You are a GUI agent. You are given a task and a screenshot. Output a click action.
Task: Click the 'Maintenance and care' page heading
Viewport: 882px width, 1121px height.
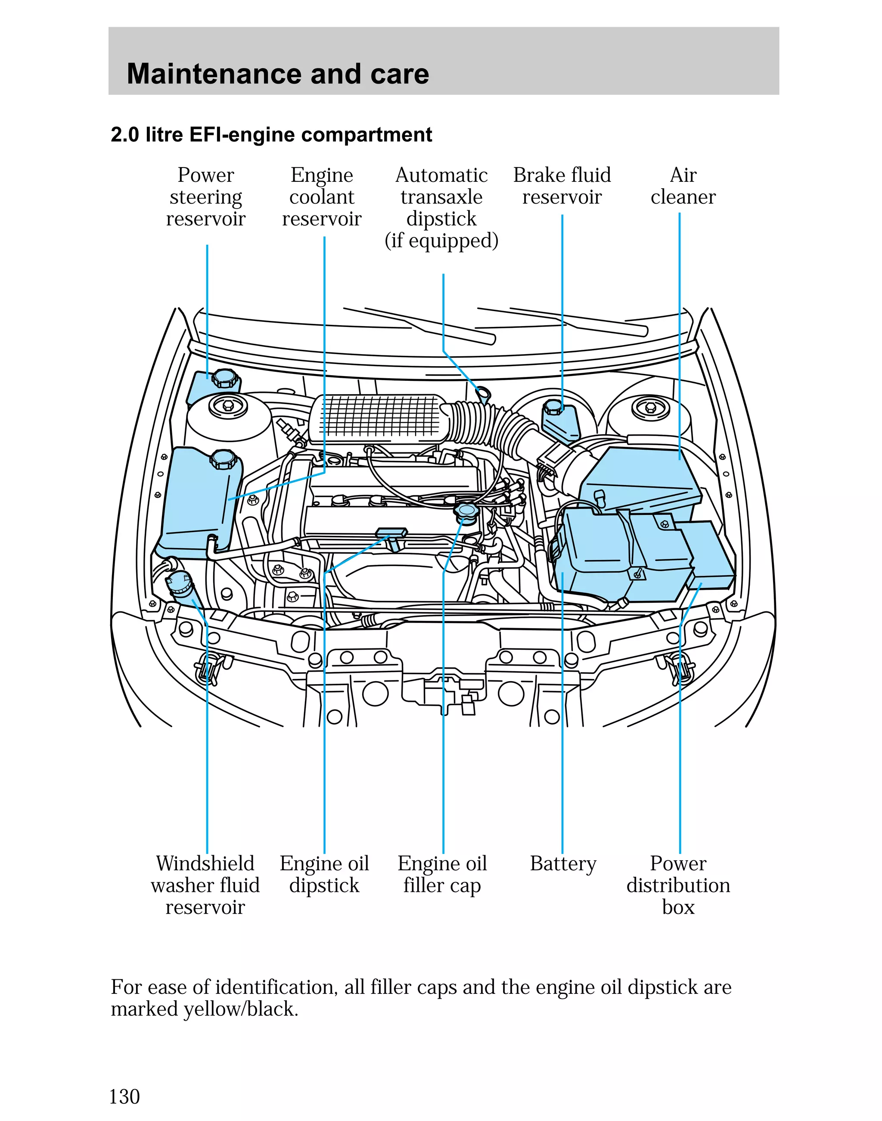[x=278, y=74]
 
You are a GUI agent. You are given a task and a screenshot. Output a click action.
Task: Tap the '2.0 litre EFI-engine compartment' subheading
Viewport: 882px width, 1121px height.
[x=271, y=135]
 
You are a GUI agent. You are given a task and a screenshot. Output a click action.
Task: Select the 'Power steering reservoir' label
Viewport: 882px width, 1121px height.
[x=205, y=197]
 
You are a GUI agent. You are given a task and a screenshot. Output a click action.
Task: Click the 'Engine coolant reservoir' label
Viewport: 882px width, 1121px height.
[x=322, y=197]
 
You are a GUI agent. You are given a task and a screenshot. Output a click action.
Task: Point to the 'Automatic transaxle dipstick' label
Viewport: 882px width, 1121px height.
[x=441, y=208]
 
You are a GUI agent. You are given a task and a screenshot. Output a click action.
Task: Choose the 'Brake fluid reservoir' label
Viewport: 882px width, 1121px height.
[x=562, y=186]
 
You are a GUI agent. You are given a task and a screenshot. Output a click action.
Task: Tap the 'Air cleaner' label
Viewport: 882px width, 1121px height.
[x=683, y=186]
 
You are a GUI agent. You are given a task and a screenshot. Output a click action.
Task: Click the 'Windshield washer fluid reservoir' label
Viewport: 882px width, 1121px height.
[x=205, y=885]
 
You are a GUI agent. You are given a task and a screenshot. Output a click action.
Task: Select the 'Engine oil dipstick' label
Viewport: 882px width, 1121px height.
[x=324, y=874]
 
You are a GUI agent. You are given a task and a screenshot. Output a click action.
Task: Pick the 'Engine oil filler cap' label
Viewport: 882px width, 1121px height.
[x=442, y=874]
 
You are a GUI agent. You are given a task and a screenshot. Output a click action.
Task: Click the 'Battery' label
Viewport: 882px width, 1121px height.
[x=563, y=864]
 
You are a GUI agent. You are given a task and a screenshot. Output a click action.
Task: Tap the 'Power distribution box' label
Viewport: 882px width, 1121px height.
[x=678, y=885]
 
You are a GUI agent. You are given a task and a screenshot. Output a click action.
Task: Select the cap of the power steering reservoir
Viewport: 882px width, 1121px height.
[x=225, y=378]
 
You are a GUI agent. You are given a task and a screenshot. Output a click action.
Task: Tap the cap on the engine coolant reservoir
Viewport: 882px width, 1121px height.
[x=223, y=459]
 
